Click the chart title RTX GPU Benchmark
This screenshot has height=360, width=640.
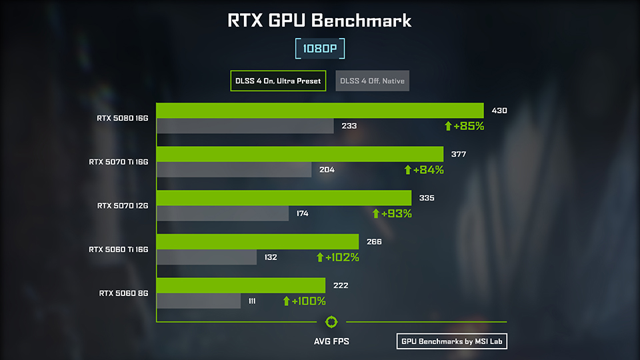pyautogui.click(x=320, y=21)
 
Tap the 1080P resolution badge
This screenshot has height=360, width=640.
pyautogui.click(x=320, y=49)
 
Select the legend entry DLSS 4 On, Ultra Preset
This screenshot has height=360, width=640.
pyautogui.click(x=278, y=81)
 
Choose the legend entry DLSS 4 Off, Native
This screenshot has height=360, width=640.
pyautogui.click(x=373, y=81)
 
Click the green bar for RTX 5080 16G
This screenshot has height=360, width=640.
pyautogui.click(x=320, y=110)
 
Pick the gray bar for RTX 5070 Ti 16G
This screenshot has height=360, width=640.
pyautogui.click(x=234, y=169)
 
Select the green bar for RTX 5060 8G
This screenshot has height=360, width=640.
pyautogui.click(x=241, y=285)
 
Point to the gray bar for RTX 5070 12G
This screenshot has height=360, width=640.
pyautogui.click(x=223, y=213)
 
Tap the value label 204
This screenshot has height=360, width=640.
pyautogui.click(x=327, y=169)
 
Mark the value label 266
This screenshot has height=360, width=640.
pyautogui.click(x=374, y=241)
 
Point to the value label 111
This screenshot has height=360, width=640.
pyautogui.click(x=252, y=301)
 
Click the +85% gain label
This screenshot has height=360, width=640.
pyautogui.click(x=464, y=125)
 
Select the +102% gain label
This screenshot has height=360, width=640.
pyautogui.click(x=337, y=257)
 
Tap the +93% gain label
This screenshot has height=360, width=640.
pyautogui.click(x=392, y=213)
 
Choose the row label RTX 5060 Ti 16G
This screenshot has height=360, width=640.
pyautogui.click(x=118, y=249)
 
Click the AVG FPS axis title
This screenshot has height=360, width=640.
pyautogui.click(x=331, y=342)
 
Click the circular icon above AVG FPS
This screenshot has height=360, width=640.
pyautogui.click(x=331, y=323)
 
